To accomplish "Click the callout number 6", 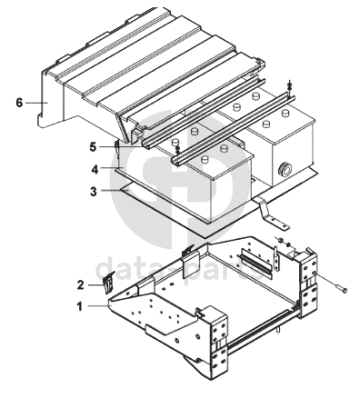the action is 19,103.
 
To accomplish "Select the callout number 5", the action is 93,147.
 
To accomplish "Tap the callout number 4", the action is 95,170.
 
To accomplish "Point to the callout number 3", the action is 94,192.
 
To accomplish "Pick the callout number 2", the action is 80,285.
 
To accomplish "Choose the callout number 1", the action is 80,307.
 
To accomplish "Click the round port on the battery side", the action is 285,167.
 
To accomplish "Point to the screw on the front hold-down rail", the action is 177,148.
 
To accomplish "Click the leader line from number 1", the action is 98,306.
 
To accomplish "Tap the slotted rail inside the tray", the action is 256,263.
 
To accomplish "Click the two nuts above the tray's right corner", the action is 285,243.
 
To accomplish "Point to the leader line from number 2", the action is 95,284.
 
